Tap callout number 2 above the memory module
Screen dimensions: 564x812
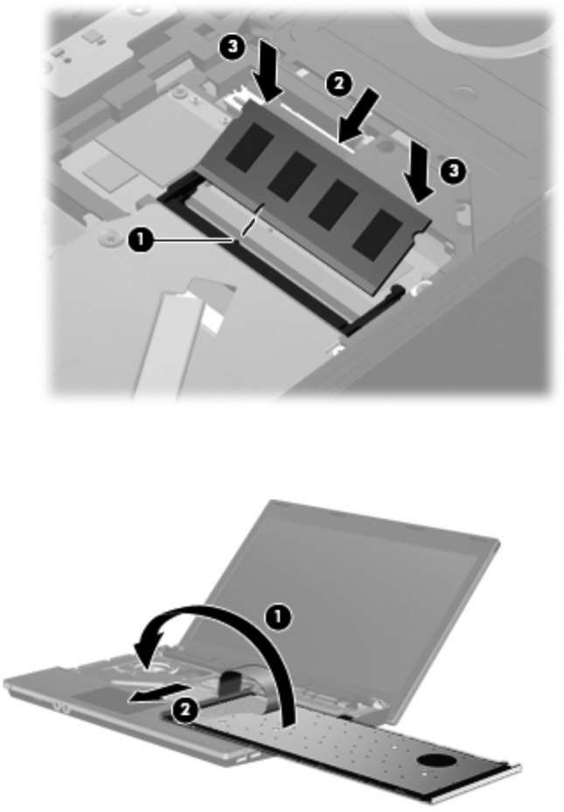(338, 84)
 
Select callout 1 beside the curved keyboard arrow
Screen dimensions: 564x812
(279, 618)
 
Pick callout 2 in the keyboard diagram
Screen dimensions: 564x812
(185, 711)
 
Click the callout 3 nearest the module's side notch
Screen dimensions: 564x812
(454, 170)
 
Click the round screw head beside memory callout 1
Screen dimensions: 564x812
(108, 237)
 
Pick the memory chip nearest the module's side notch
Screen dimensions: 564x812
(377, 235)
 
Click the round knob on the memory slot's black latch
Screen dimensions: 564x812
(397, 288)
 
